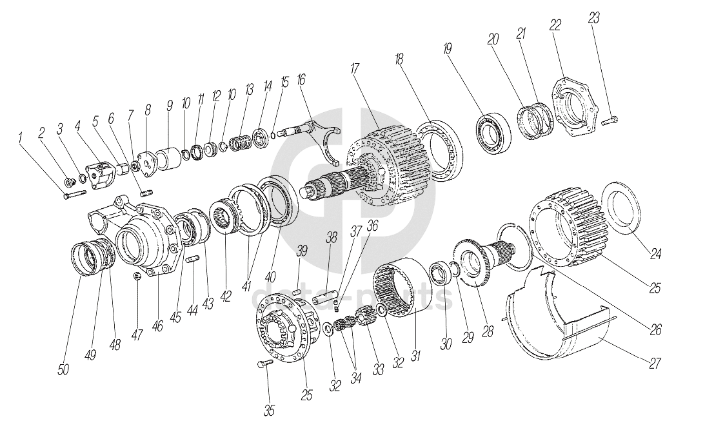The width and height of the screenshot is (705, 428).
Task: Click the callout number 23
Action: (593, 19)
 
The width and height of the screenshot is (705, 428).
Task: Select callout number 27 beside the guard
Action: (655, 363)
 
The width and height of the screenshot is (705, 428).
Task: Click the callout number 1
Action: (22, 137)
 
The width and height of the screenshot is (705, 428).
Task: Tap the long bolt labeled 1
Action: (75, 191)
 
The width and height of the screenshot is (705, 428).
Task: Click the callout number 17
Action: (355, 68)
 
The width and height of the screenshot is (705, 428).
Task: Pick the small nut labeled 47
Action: (137, 276)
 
